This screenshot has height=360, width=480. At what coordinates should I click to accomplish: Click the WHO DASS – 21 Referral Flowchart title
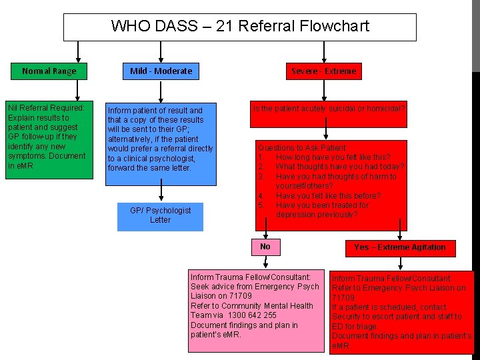(x=239, y=27)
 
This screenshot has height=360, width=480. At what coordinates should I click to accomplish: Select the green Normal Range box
(x=49, y=71)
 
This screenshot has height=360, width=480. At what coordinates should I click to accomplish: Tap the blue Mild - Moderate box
(x=161, y=71)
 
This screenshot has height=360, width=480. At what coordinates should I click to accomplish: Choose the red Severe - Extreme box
(x=323, y=71)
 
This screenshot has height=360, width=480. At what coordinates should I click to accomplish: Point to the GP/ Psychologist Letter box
(x=160, y=215)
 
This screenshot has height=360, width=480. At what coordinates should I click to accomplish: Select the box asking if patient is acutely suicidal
(x=328, y=108)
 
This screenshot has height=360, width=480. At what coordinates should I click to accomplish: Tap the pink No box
(x=265, y=247)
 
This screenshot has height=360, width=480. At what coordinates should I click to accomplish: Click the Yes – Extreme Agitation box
(x=400, y=247)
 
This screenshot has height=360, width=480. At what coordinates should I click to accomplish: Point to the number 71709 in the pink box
(x=239, y=296)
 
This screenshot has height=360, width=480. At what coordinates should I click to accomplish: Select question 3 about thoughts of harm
(x=335, y=177)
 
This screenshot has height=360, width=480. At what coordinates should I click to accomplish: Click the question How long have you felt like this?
(x=333, y=157)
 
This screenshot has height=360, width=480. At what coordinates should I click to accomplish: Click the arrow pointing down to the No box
(x=265, y=227)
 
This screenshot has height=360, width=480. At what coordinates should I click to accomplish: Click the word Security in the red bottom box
(x=347, y=317)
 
